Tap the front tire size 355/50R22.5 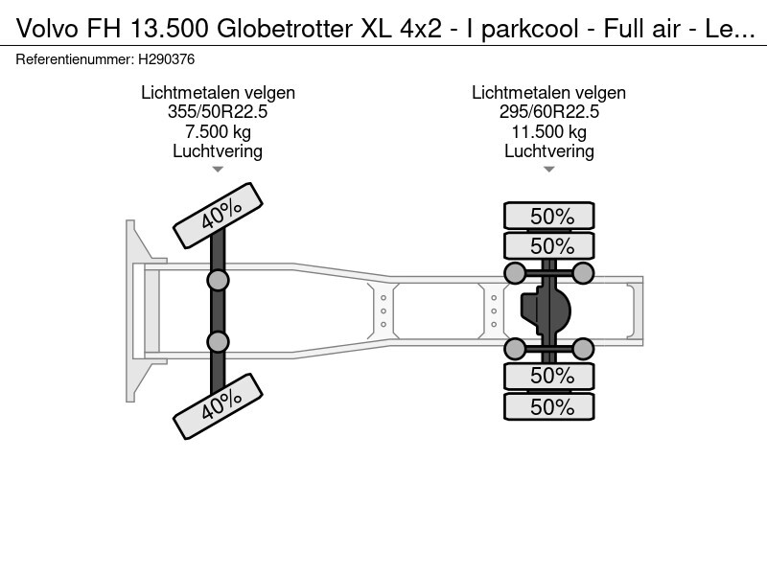click(218, 112)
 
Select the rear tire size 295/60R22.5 click(548, 112)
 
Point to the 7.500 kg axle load click(218, 131)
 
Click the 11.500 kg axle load click(548, 131)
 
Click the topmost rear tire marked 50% click(549, 216)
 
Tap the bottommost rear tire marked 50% click(549, 406)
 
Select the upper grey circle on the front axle click(218, 280)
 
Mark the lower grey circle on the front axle click(218, 342)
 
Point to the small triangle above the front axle click(218, 170)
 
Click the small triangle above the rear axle click(548, 170)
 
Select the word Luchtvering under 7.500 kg click(218, 150)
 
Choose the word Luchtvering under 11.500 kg click(548, 150)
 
